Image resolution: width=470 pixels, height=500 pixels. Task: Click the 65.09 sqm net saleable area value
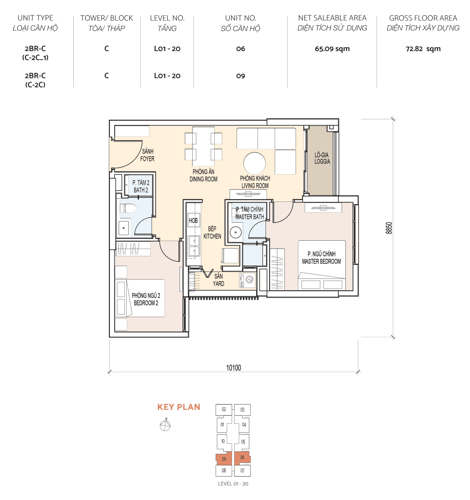(x=332, y=49)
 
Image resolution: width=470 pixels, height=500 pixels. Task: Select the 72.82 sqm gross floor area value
(x=423, y=49)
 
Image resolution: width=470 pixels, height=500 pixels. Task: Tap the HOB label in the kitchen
(x=193, y=220)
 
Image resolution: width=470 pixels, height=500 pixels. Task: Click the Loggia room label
(x=322, y=158)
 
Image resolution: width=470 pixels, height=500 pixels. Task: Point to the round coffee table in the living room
(x=254, y=163)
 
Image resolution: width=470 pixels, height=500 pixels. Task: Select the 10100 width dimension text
(x=234, y=368)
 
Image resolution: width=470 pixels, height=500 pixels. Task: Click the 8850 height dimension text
(x=389, y=228)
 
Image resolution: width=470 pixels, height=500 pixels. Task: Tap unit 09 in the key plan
(x=224, y=459)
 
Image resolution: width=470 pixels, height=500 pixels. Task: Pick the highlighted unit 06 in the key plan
(x=242, y=458)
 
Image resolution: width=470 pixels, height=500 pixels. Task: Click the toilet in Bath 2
(x=129, y=208)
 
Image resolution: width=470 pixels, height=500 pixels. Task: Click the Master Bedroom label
(x=321, y=258)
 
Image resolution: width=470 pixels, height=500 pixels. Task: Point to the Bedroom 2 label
(x=146, y=299)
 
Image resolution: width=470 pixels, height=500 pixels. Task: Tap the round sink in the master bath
(x=236, y=232)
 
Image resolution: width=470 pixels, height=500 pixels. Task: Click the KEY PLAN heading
(x=179, y=407)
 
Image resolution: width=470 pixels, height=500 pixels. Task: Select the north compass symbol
(x=165, y=426)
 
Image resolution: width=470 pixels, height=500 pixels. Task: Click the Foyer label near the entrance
(x=147, y=155)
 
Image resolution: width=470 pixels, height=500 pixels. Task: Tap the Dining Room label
(x=203, y=175)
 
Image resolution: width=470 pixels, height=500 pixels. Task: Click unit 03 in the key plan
(x=242, y=410)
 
